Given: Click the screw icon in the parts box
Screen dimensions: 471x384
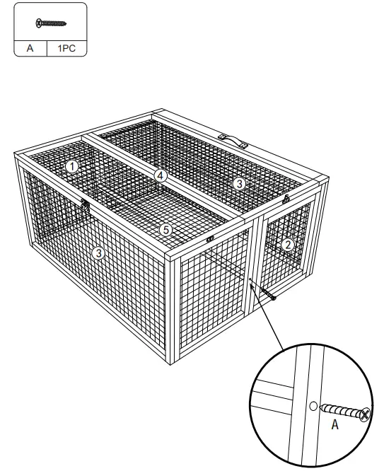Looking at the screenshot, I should tap(50, 23).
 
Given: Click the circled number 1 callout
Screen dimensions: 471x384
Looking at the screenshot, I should tap(73, 165).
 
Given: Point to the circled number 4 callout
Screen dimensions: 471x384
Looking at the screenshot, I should tap(161, 175).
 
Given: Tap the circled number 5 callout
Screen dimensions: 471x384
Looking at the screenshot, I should tap(165, 229).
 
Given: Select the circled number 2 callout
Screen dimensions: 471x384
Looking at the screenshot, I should tap(288, 245).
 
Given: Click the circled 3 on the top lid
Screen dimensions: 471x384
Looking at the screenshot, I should tap(240, 184).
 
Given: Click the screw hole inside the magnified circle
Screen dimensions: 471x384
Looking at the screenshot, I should tap(313, 407).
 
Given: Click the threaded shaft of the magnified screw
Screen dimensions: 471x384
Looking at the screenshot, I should tap(341, 411).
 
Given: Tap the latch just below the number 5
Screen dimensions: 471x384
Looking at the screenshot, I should tap(210, 240).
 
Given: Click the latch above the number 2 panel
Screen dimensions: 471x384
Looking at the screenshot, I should tap(286, 200).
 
